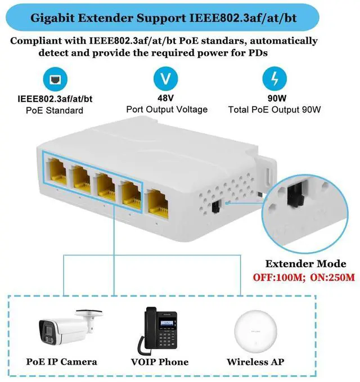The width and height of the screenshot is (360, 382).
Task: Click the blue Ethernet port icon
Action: [55, 79]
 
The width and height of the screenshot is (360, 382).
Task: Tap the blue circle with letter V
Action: [165, 79]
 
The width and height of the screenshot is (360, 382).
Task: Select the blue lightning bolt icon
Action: [274, 79]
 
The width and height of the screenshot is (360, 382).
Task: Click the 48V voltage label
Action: [166, 99]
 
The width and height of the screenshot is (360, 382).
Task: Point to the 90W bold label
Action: [274, 99]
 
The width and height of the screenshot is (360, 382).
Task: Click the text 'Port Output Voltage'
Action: [166, 110]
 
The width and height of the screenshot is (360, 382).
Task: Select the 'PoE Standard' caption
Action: [55, 110]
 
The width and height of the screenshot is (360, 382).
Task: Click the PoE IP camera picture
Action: [64, 329]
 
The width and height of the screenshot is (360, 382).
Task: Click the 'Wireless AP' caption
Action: [255, 362]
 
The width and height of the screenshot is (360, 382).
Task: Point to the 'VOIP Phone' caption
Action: [160, 362]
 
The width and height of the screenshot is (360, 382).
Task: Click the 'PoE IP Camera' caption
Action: [62, 362]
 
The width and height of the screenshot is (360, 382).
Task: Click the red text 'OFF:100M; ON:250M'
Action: [302, 277]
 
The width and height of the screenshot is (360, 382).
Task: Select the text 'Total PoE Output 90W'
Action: [274, 110]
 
